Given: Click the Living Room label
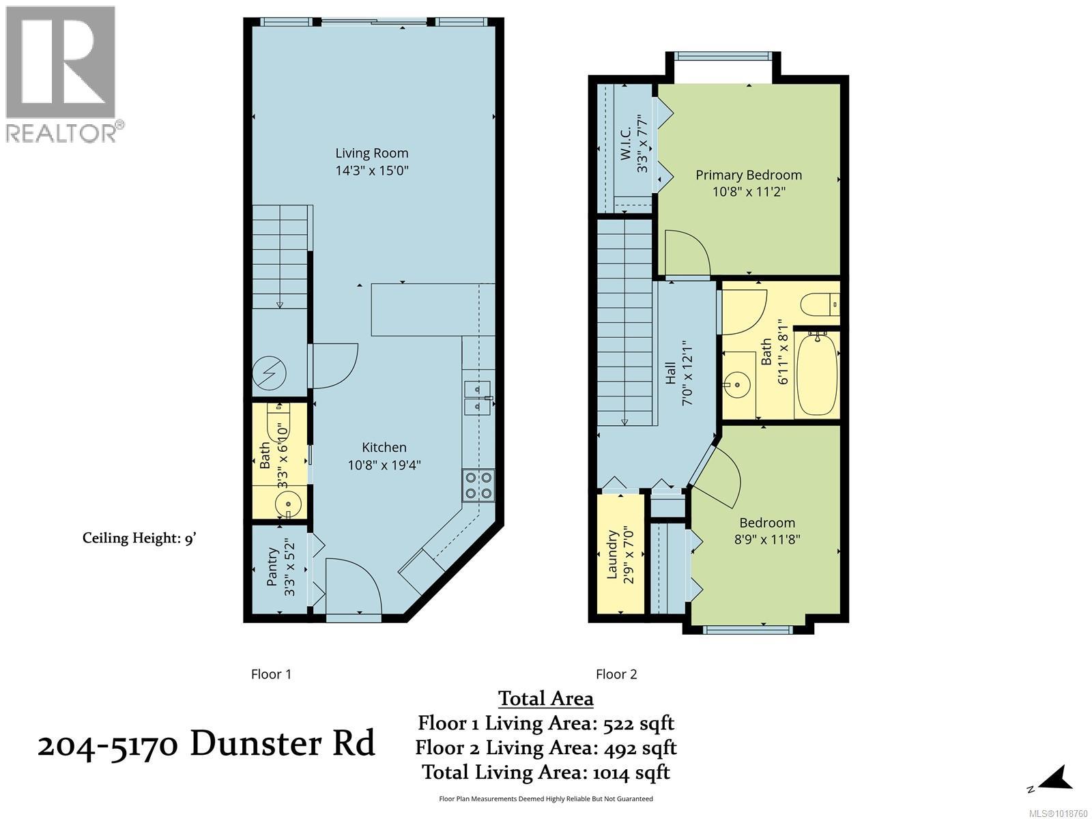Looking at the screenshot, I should click(371, 153).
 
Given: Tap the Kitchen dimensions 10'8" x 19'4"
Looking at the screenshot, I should click(384, 465).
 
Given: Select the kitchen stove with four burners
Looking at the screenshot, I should click(478, 485).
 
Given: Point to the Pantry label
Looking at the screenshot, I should click(272, 566).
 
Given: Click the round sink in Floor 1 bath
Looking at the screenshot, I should click(289, 506).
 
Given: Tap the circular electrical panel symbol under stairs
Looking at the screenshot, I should click(269, 373).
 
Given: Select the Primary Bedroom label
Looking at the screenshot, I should click(748, 175).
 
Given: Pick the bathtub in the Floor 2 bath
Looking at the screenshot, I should click(816, 375).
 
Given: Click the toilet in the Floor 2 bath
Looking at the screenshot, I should click(820, 304).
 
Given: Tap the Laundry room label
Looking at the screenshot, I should click(612, 554).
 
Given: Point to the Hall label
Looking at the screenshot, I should click(670, 373).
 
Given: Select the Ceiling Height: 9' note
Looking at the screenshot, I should click(140, 538).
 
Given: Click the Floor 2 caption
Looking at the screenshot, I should click(616, 674).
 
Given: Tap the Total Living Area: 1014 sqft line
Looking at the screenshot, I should click(545, 772).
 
